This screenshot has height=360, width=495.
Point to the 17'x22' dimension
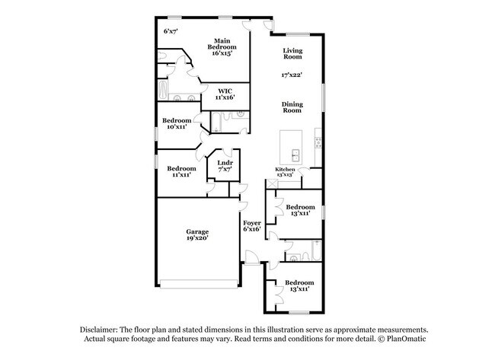pos(292,75)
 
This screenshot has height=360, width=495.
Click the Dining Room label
pos(292,107)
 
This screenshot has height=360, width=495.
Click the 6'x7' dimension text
pos(171,31)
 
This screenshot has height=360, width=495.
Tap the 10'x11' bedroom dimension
pos(176,127)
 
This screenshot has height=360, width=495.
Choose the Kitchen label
pos(285,170)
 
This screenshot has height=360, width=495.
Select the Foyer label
pos(252,222)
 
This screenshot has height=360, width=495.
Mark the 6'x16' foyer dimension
pos(252,229)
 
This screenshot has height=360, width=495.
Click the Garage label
pos(197,231)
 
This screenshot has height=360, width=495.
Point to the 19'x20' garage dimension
pos(197,238)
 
